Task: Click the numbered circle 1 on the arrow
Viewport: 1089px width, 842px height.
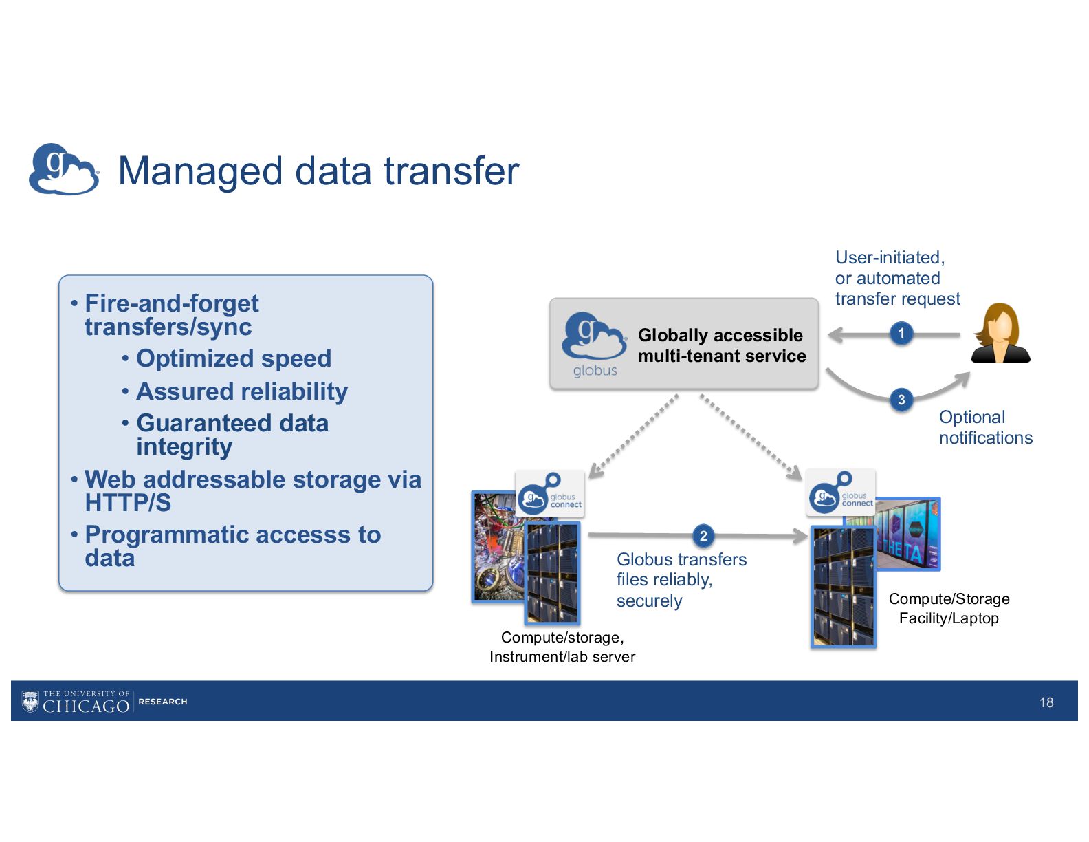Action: [901, 334]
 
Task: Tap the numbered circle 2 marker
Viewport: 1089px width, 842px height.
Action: [703, 536]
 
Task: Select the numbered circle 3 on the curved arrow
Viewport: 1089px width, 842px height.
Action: [901, 400]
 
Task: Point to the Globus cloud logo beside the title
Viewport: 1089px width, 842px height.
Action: [63, 169]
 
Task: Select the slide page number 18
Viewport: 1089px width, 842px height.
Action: [1046, 702]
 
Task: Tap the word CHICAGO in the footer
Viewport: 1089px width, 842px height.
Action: [86, 706]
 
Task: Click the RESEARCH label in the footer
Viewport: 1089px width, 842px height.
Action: [163, 702]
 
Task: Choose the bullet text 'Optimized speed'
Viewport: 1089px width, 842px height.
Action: [234, 358]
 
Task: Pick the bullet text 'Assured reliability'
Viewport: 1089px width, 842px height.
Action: [242, 391]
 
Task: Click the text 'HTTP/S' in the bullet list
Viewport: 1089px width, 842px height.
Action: [128, 503]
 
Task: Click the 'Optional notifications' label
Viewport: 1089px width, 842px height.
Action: [985, 427]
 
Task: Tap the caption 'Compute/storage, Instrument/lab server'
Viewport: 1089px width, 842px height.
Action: [562, 647]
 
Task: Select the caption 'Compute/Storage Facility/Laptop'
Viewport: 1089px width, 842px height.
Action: [949, 608]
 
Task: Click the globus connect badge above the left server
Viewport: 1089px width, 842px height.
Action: [550, 493]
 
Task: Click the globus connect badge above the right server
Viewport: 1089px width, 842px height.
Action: [840, 493]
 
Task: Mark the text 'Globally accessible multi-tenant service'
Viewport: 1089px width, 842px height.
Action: [721, 345]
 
